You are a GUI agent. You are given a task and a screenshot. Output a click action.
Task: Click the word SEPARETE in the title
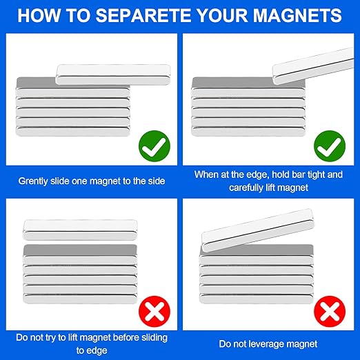[143, 15]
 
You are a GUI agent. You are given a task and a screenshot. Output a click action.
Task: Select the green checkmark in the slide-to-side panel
[154, 146]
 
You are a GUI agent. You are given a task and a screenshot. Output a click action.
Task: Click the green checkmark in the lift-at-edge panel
[330, 146]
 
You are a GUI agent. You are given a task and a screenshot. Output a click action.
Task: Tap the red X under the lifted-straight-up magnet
[154, 311]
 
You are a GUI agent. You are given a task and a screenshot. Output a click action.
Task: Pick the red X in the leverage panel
[330, 311]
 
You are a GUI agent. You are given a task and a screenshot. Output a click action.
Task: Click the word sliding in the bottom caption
[154, 337]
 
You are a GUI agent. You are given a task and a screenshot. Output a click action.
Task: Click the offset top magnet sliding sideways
[113, 74]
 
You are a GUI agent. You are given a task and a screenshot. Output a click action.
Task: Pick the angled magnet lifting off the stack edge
[313, 66]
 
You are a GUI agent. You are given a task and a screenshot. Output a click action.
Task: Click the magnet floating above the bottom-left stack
[80, 230]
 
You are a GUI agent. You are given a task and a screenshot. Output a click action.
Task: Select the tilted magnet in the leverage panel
[257, 230]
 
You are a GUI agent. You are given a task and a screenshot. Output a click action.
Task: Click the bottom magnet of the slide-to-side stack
[72, 132]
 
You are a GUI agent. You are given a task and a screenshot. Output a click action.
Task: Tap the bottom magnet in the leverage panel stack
[257, 299]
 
